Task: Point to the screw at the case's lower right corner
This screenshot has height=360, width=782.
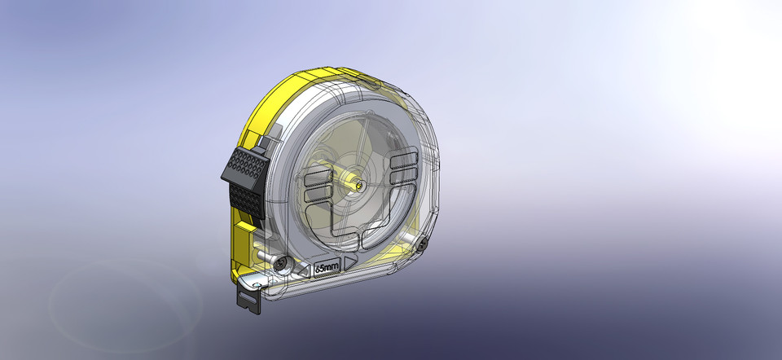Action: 424,244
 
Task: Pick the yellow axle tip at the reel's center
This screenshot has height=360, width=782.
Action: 357,183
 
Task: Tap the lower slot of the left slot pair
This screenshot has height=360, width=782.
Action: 314,195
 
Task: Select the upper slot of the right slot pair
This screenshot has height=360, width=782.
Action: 404,160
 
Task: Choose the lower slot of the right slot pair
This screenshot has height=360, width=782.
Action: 405,175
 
